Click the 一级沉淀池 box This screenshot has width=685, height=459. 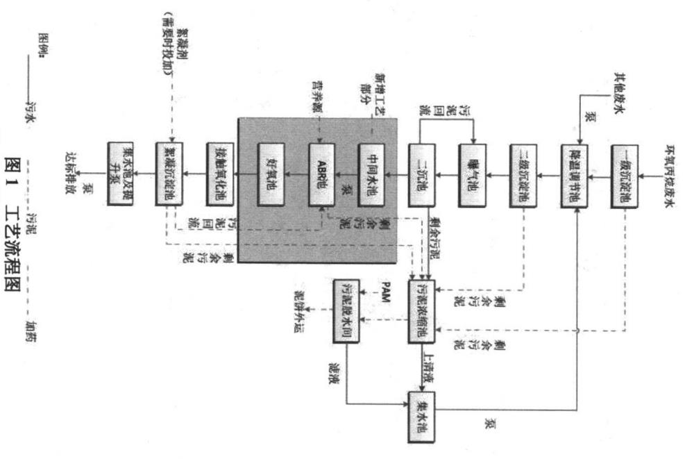(x=624, y=176)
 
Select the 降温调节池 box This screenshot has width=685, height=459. (x=575, y=176)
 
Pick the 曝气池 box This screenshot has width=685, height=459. (x=473, y=176)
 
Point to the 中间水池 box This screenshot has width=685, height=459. (x=372, y=176)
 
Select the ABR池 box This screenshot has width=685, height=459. (x=321, y=176)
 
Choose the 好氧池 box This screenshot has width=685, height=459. (x=271, y=176)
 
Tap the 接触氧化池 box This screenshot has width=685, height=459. (x=219, y=176)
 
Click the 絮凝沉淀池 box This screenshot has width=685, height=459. (x=169, y=176)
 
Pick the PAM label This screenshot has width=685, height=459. (x=385, y=285)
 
